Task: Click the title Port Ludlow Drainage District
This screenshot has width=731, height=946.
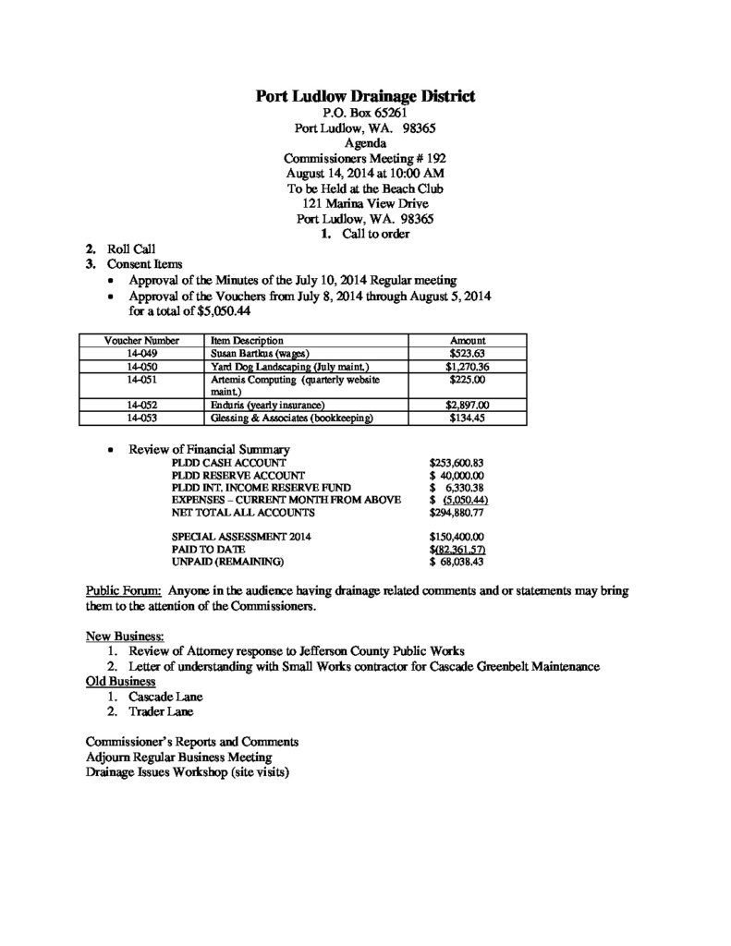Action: (365, 96)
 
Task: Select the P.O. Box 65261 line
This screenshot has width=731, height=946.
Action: (365, 113)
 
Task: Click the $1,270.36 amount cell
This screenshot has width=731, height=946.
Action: (467, 367)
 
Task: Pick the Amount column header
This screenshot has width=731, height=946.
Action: (467, 341)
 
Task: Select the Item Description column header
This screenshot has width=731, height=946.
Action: (240, 341)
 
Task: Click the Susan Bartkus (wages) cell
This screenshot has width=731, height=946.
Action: (259, 354)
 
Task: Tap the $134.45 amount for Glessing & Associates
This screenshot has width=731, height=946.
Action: (467, 418)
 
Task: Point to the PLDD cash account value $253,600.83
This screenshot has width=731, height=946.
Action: (457, 462)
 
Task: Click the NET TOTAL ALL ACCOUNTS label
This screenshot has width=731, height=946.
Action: (243, 511)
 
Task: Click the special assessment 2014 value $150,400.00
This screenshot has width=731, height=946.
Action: (457, 536)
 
